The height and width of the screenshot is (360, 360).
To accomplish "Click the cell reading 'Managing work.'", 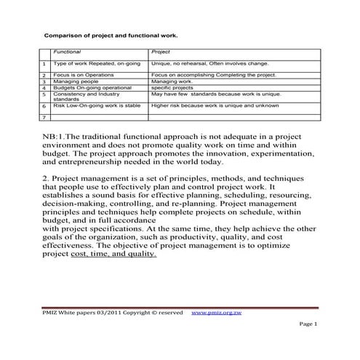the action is click(x=169, y=82).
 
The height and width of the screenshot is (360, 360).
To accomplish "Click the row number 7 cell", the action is click(x=44, y=116).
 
